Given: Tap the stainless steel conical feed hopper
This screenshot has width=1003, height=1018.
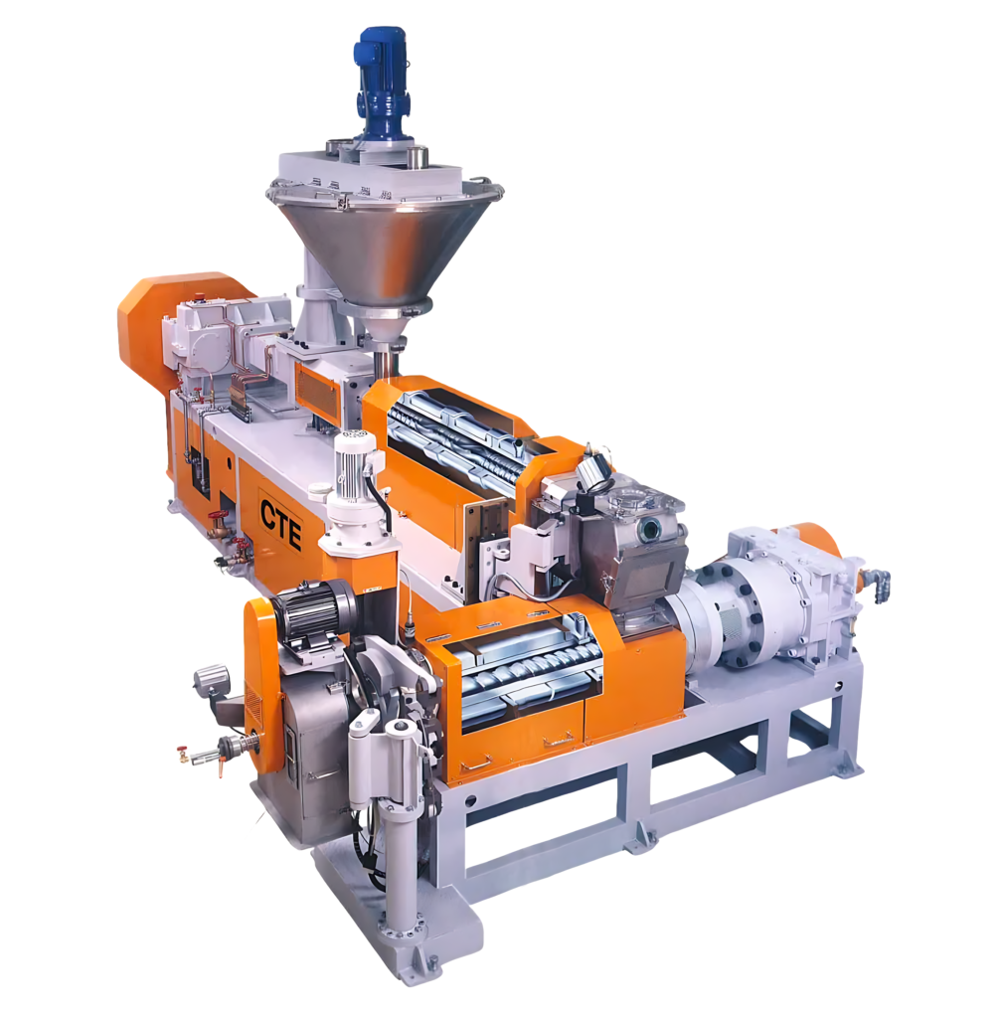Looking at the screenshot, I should point(384,244).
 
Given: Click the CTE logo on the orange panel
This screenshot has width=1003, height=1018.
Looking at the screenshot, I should point(281,516).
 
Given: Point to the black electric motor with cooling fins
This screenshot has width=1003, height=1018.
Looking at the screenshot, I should point(313,609).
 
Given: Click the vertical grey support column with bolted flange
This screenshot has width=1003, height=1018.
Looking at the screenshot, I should point(403,875).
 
